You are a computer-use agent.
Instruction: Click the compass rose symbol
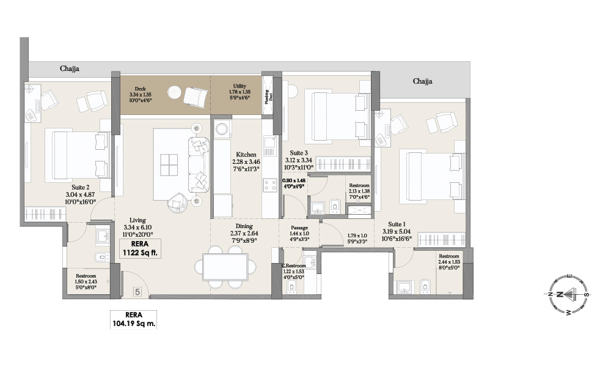[568, 294]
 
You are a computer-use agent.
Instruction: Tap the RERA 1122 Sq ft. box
[141, 250]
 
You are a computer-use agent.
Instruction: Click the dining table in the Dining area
[225, 267]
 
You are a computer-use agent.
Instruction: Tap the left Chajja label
[69, 69]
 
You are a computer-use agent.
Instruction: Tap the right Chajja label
[423, 81]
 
